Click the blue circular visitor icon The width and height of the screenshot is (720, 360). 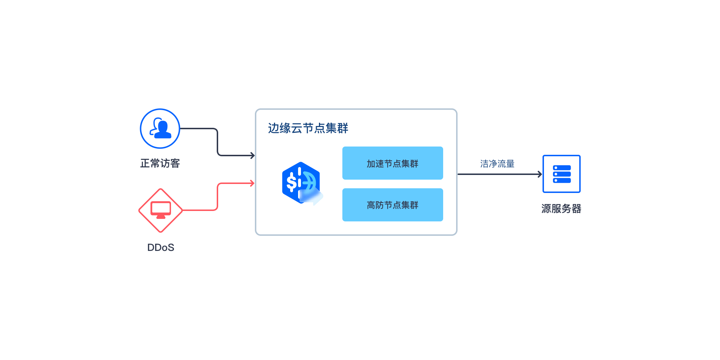tap(160, 129)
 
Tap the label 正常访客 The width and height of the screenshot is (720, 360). tap(160, 163)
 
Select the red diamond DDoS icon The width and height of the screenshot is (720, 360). tap(161, 211)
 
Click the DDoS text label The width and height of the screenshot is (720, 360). tap(161, 248)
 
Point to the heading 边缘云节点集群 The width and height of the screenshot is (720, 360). tap(308, 128)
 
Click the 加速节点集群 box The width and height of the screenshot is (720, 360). tap(393, 163)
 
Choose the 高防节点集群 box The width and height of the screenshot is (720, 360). tap(393, 205)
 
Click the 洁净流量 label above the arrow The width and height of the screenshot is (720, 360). tap(497, 164)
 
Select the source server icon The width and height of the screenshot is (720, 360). tap(562, 174)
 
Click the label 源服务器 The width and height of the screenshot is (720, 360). tap(562, 209)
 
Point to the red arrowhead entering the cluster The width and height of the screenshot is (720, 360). tap(252, 183)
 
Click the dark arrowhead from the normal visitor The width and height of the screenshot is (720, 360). tap(253, 156)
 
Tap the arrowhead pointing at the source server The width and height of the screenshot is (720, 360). tap(540, 174)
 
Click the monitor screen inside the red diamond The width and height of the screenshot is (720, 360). tap(161, 208)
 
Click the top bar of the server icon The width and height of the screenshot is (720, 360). tap(562, 168)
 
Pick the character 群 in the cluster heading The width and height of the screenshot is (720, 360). tap(343, 128)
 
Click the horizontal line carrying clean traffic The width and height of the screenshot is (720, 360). tap(500, 174)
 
